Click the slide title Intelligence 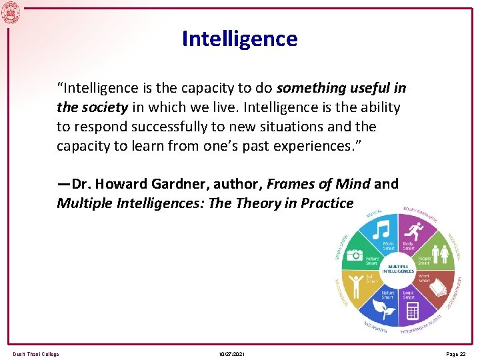tap(239, 39)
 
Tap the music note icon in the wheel tap(381, 231)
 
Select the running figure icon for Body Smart tap(415, 232)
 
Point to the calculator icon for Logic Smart tap(411, 311)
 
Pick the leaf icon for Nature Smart tap(382, 308)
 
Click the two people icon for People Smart tap(440, 254)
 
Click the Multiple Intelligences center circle tap(398, 268)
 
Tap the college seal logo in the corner tap(10, 11)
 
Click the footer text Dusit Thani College tap(36, 354)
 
